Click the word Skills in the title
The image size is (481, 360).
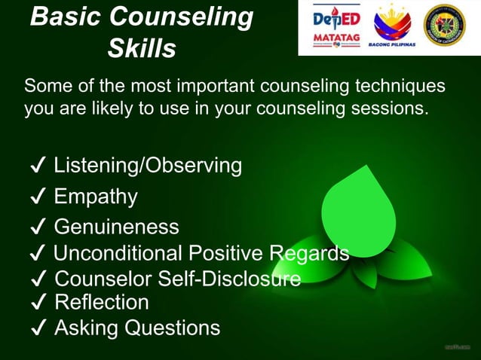coord(142,49)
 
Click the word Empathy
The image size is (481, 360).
coord(96,197)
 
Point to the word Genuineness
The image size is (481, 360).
coord(116,227)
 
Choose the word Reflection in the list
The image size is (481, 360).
coord(102,302)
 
